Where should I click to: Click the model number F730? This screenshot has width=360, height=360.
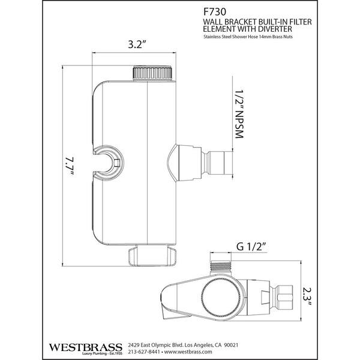[x=211, y=12]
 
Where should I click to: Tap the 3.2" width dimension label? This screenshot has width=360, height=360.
[x=137, y=44]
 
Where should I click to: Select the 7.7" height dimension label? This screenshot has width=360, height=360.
[x=69, y=166]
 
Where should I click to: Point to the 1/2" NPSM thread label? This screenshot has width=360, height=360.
[x=239, y=113]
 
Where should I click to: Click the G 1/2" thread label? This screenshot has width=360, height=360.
[x=251, y=247]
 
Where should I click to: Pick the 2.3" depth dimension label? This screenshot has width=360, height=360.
[x=306, y=296]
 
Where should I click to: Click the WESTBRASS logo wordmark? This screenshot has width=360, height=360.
[x=85, y=347]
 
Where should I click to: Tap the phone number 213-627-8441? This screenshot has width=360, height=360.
[x=143, y=352]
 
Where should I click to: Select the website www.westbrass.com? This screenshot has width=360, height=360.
[x=188, y=352]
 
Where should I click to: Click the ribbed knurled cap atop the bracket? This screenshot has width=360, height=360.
[x=152, y=73]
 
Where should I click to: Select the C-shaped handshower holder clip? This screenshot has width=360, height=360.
[x=109, y=163]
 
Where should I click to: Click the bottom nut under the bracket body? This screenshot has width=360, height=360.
[x=152, y=256]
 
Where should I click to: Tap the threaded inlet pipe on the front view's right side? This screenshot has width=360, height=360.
[x=217, y=163]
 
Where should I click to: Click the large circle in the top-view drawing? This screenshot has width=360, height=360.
[x=221, y=298]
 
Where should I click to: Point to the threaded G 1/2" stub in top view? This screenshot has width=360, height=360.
[x=220, y=268]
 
